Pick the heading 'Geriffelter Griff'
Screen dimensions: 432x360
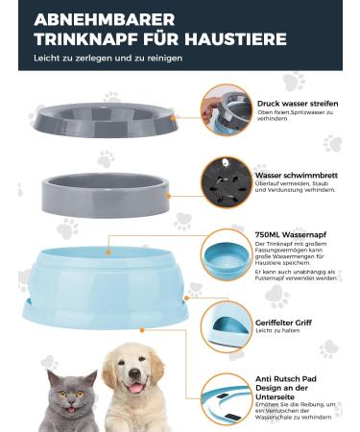pos(287,324)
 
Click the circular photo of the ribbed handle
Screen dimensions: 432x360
pos(227,330)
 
